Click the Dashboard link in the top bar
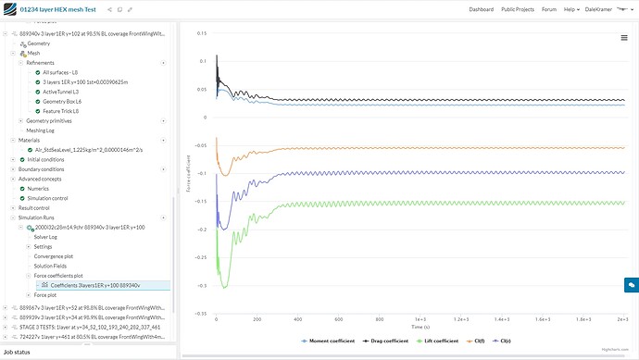coord(481,9)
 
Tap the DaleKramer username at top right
coord(606,9)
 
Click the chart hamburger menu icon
coord(624,37)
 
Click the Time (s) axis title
coord(421,327)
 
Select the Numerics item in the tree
coord(38,188)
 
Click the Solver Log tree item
coord(46,237)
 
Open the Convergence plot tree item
coord(53,256)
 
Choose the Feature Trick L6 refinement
coord(61,111)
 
